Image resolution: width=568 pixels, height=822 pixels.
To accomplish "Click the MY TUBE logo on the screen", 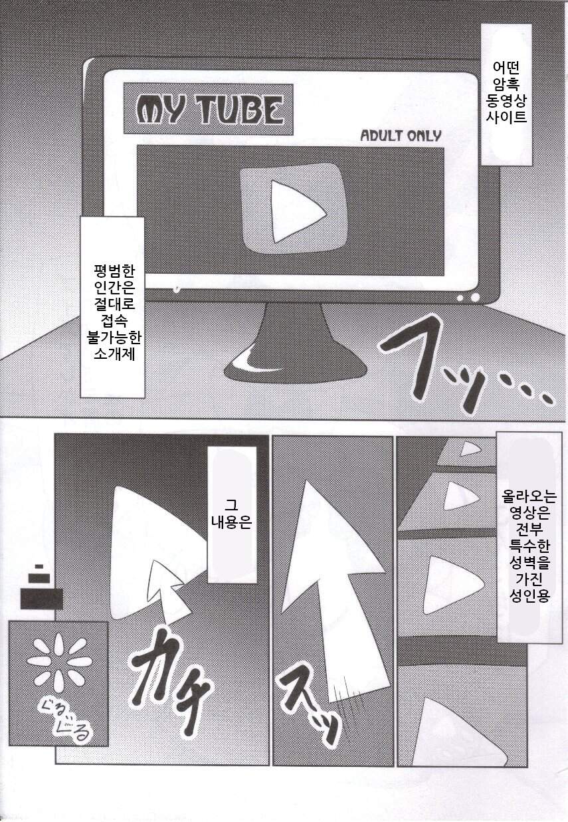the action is point(209,109).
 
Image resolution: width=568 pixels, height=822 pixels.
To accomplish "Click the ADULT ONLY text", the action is point(401,136).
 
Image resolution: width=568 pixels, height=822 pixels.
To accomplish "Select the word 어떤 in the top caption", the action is point(506,68).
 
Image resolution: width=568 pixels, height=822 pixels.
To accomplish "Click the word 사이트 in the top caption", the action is point(506,117).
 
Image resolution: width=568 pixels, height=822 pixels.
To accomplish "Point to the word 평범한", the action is point(115,271).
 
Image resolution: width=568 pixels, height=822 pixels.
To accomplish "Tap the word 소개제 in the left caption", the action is point(115,354).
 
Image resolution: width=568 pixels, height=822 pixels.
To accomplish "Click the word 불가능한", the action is point(115,338).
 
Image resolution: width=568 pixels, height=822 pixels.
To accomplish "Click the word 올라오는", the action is point(529,497).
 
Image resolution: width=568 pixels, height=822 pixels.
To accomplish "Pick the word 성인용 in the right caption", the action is point(529,595).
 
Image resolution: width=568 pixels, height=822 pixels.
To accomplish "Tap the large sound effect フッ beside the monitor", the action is point(463,367).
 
